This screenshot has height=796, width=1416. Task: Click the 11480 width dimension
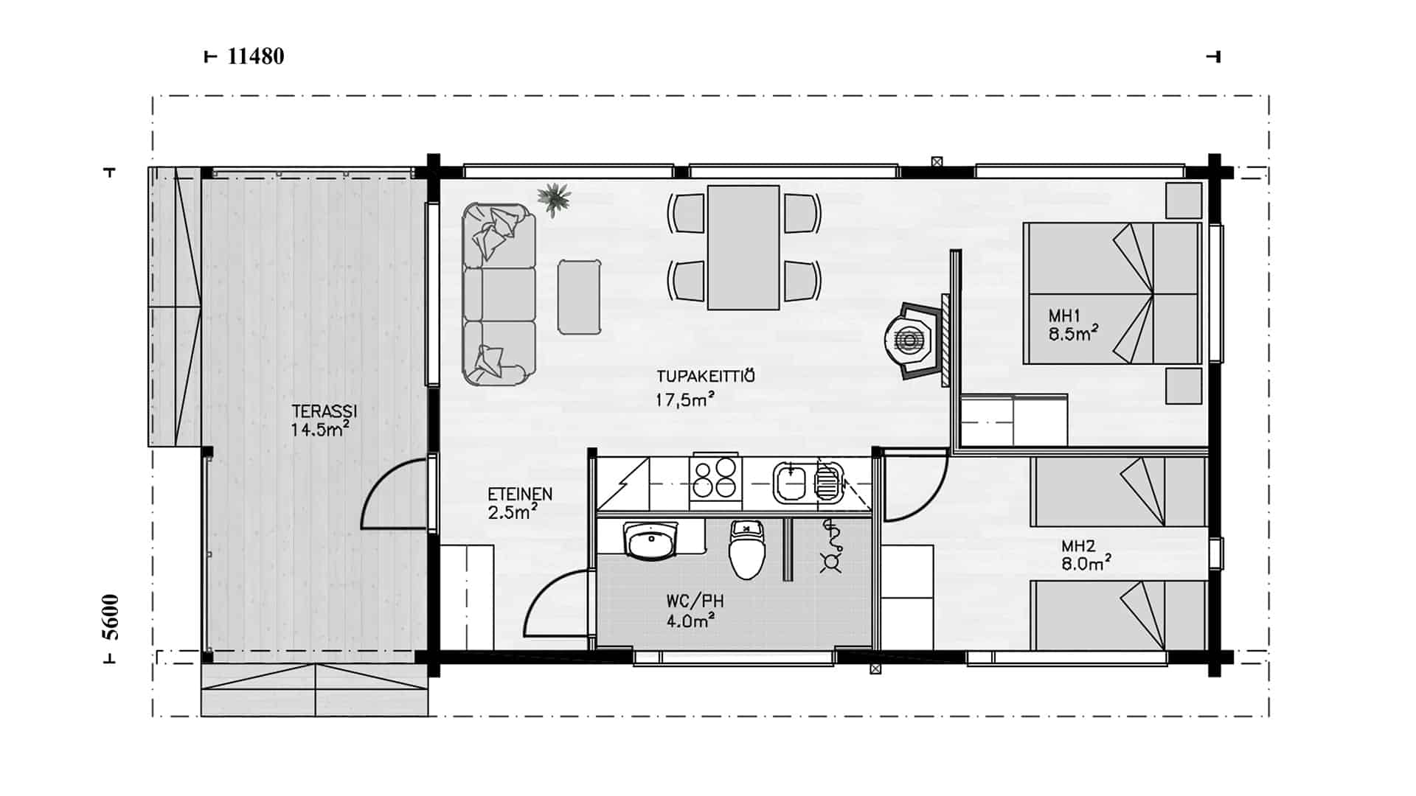click(x=256, y=57)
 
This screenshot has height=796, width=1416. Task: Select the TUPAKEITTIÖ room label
click(x=706, y=377)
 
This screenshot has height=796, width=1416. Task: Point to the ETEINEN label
click(x=520, y=495)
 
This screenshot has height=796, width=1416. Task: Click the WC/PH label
click(x=690, y=601)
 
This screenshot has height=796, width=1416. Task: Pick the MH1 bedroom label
click(x=1064, y=316)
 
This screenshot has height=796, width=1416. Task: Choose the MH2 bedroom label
click(x=1078, y=547)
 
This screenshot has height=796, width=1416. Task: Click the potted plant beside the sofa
click(x=554, y=198)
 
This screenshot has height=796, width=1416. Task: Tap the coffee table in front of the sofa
click(x=579, y=296)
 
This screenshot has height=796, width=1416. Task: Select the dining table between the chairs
click(x=743, y=248)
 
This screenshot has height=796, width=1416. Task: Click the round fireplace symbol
click(x=909, y=340)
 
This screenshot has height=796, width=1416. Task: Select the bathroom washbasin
click(x=652, y=542)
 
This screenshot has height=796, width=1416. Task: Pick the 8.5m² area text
click(x=1073, y=334)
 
